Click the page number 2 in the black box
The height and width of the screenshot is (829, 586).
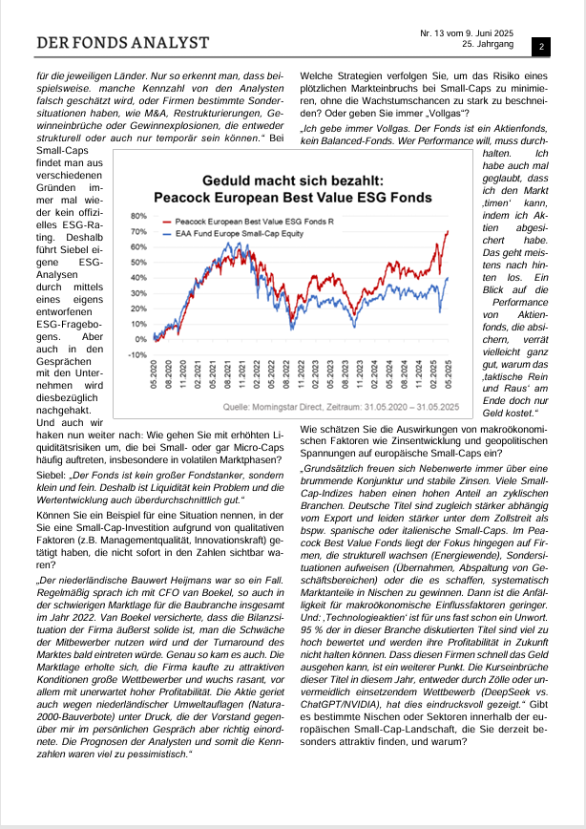(x=540, y=46)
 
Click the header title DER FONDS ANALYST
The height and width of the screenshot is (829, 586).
(x=122, y=43)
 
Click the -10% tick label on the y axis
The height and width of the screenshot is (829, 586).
(x=136, y=354)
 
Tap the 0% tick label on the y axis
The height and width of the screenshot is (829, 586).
(x=139, y=339)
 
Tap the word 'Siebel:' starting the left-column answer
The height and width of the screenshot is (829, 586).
(x=53, y=475)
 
